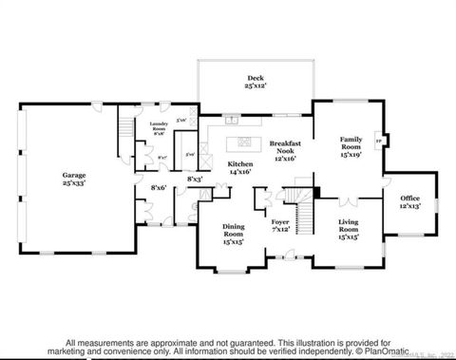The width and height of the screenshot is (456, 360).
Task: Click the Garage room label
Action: click(x=74, y=179)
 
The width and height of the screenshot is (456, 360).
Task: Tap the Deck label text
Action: click(x=254, y=82)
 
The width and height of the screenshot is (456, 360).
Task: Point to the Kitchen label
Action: click(x=240, y=168)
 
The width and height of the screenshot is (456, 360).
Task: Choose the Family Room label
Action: click(x=351, y=146)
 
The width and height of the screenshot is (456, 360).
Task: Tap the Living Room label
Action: click(x=349, y=228)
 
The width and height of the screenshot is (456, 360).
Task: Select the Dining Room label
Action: click(x=234, y=233)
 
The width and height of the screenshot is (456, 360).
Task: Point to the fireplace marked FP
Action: click(x=381, y=141)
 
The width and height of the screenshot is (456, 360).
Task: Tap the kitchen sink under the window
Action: click(x=231, y=121)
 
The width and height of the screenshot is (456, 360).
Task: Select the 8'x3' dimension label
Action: click(x=195, y=179)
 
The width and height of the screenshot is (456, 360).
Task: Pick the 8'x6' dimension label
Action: click(x=159, y=188)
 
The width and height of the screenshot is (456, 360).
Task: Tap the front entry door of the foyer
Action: click(x=280, y=257)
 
